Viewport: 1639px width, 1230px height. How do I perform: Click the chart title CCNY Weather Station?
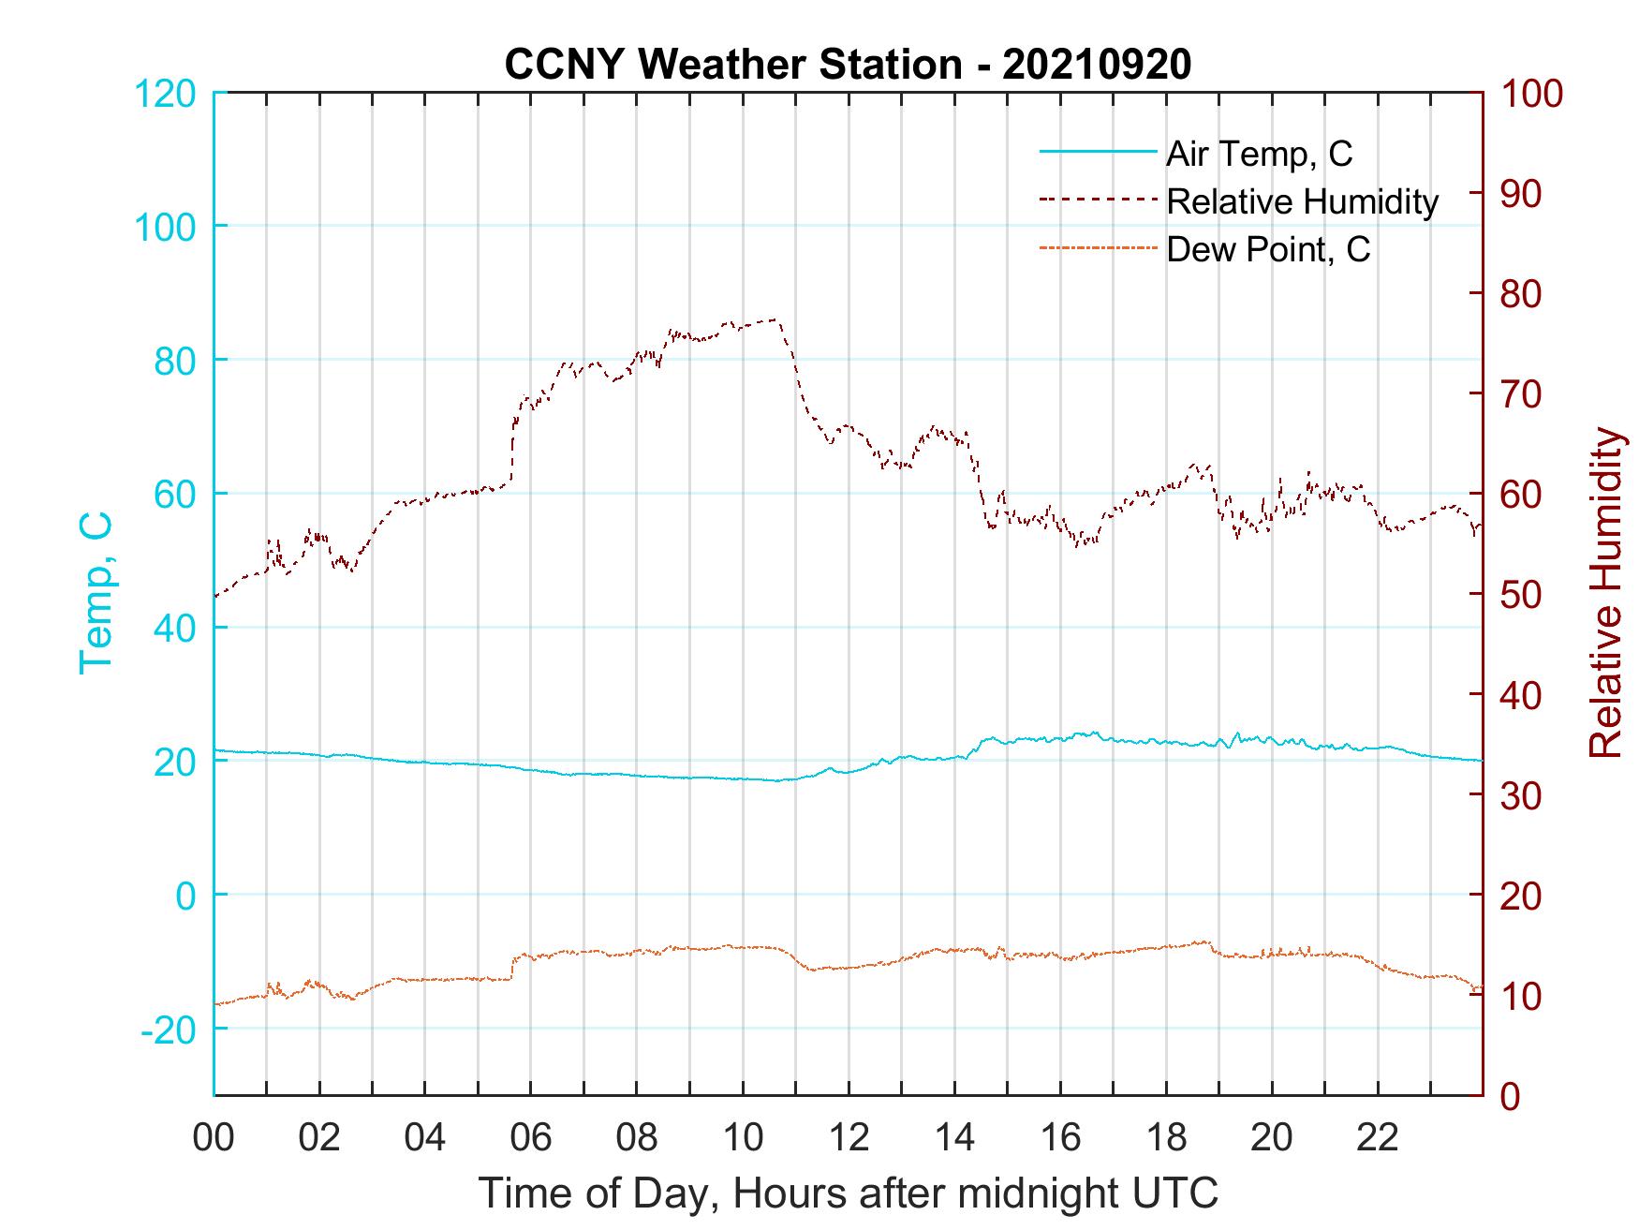point(848,65)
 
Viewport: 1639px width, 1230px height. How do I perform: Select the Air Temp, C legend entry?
point(1259,154)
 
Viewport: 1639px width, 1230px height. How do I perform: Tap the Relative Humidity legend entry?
point(1302,201)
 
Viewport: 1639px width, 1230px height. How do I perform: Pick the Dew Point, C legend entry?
point(1268,249)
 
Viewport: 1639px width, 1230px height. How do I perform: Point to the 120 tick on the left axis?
point(167,94)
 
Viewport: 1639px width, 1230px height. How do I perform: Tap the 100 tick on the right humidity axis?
point(1532,94)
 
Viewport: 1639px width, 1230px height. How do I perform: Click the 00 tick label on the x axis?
point(214,1137)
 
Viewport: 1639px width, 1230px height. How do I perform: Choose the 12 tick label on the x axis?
point(849,1137)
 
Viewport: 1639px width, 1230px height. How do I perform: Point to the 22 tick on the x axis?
point(1378,1137)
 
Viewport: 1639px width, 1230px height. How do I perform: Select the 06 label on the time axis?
point(531,1137)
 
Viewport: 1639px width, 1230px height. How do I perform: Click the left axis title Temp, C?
point(96,593)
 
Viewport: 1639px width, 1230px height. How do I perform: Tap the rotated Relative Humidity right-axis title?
point(1605,593)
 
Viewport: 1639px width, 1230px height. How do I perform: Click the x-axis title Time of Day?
point(849,1193)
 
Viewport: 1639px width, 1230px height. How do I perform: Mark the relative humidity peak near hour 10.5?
point(774,320)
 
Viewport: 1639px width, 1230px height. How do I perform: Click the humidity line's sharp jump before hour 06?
point(512,450)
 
